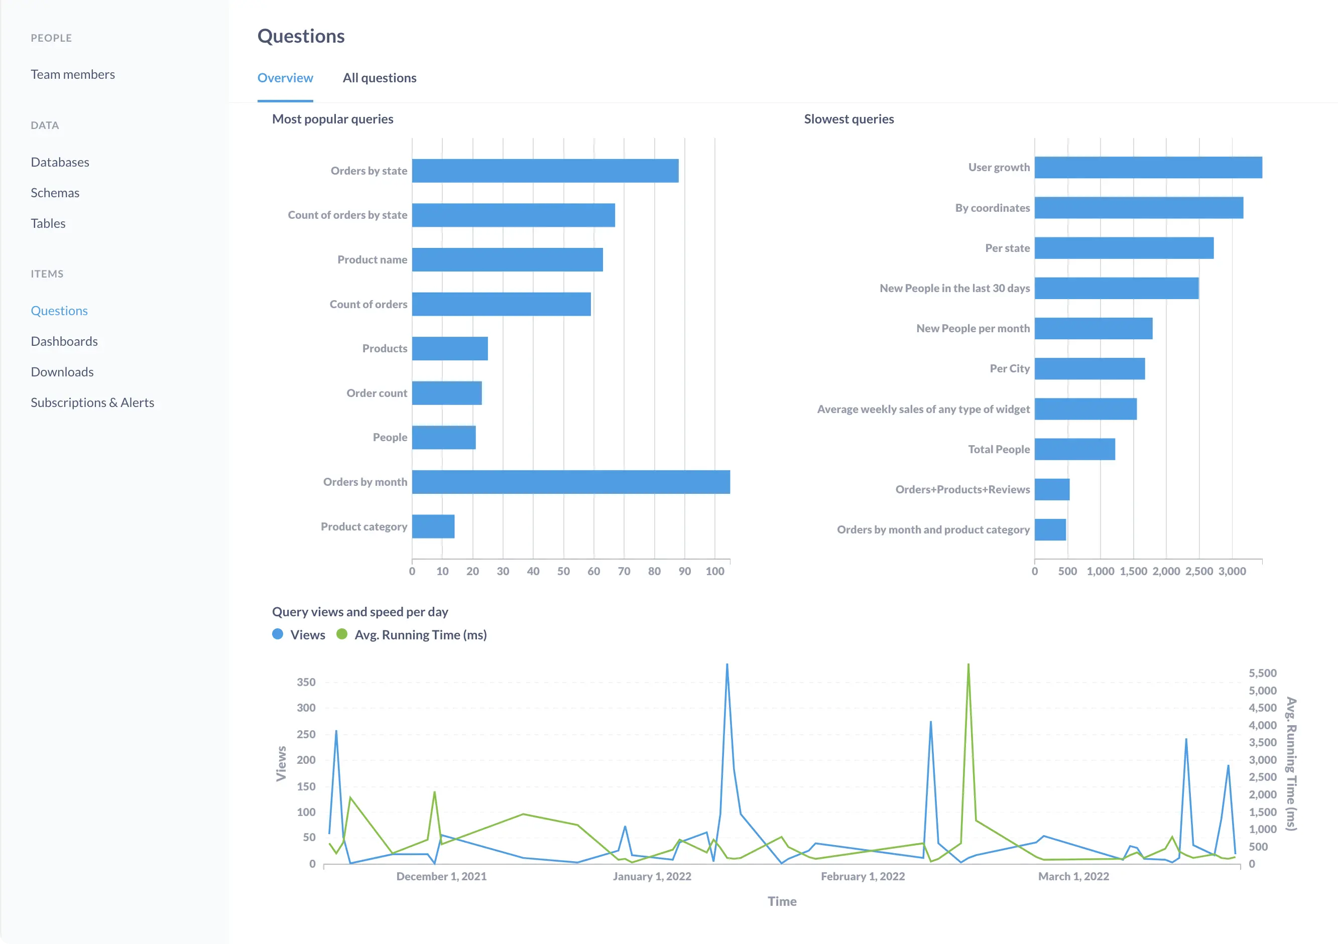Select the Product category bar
pos(433,526)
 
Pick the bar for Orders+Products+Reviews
pos(1052,490)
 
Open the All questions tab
pos(380,78)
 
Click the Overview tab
pos(285,78)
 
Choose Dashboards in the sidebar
pos(64,341)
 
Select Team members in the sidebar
pos(73,75)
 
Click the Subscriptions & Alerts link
pos(92,402)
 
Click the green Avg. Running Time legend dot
pos(342,634)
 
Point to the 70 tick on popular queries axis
pos(624,571)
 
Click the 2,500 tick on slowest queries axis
pos(1199,571)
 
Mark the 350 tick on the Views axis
pos(306,682)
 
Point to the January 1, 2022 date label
pos(652,876)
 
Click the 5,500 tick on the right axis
pos(1262,673)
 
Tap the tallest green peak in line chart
pos(968,665)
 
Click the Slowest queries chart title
pos(848,119)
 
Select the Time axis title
pos(782,901)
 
